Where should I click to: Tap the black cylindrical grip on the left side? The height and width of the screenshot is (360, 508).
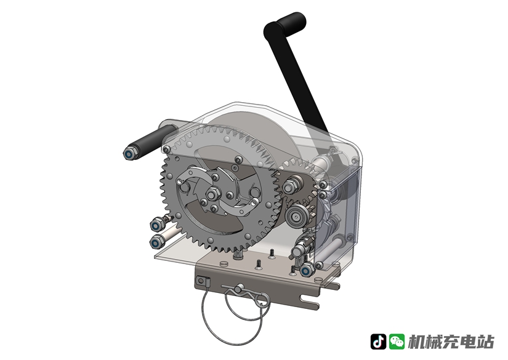point(152,142)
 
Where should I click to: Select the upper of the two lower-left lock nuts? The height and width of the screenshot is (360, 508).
point(156,225)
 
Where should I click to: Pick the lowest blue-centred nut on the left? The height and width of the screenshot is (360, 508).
point(156,242)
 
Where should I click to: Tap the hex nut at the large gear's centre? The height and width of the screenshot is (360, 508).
point(212,195)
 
